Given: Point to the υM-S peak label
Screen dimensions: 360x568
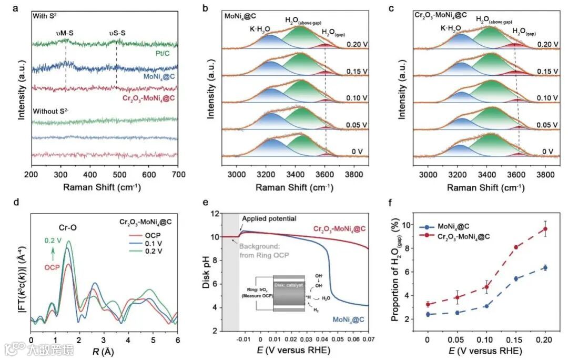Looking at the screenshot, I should [x=65, y=33].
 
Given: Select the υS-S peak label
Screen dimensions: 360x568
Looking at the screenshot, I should [x=116, y=33].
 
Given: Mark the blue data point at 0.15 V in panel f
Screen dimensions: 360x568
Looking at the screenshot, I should [x=501, y=278].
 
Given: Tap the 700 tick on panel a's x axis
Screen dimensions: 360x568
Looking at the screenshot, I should [x=178, y=174].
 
